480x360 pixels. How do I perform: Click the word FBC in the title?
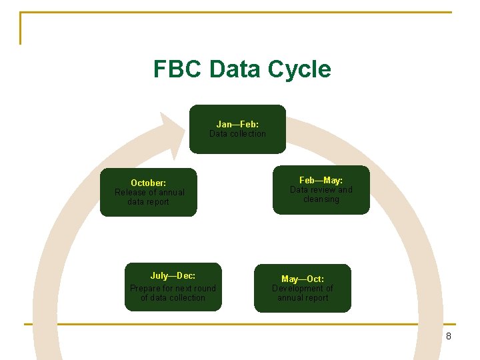(x=177, y=69)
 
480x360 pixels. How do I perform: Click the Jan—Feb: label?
(x=237, y=124)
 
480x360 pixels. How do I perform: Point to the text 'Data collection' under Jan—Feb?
(x=237, y=134)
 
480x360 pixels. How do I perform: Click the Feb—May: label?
(x=321, y=181)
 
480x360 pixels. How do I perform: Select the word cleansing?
(x=321, y=199)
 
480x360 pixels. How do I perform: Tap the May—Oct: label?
(x=303, y=279)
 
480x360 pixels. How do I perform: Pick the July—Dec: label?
(x=173, y=275)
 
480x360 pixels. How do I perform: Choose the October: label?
(x=149, y=183)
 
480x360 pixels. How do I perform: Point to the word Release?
(x=130, y=193)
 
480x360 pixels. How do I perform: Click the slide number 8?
(x=449, y=336)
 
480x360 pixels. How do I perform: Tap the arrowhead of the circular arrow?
(x=171, y=133)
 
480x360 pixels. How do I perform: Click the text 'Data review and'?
(x=321, y=190)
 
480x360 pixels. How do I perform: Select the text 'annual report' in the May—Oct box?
(x=303, y=298)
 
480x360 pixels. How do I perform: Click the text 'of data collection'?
(x=173, y=298)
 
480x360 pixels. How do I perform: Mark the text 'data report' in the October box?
(x=148, y=202)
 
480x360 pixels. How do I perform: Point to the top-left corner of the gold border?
(x=21, y=13)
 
